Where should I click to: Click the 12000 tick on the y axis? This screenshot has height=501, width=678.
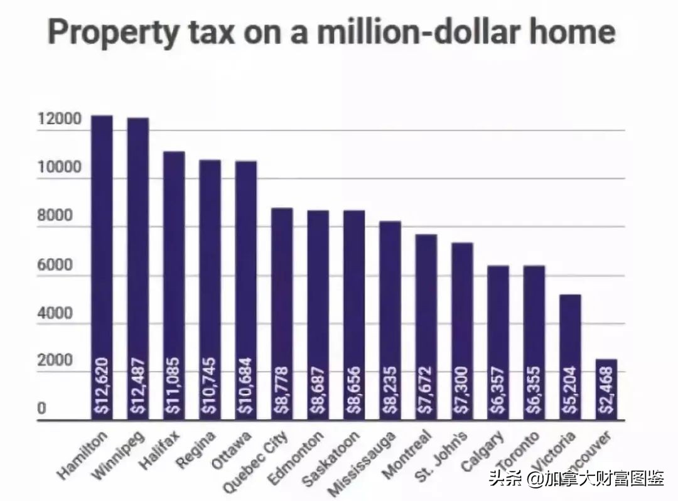click(x=59, y=119)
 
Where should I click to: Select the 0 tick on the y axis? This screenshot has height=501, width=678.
click(x=41, y=409)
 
